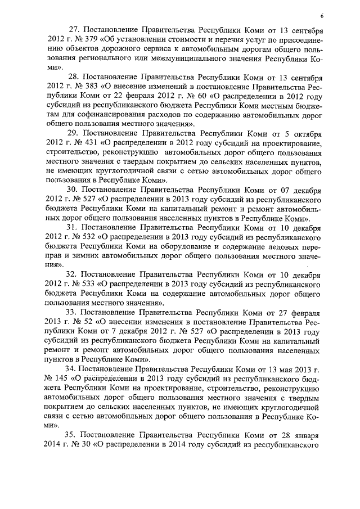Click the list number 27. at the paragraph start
tap(75, 29)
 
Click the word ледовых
tap(285, 247)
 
